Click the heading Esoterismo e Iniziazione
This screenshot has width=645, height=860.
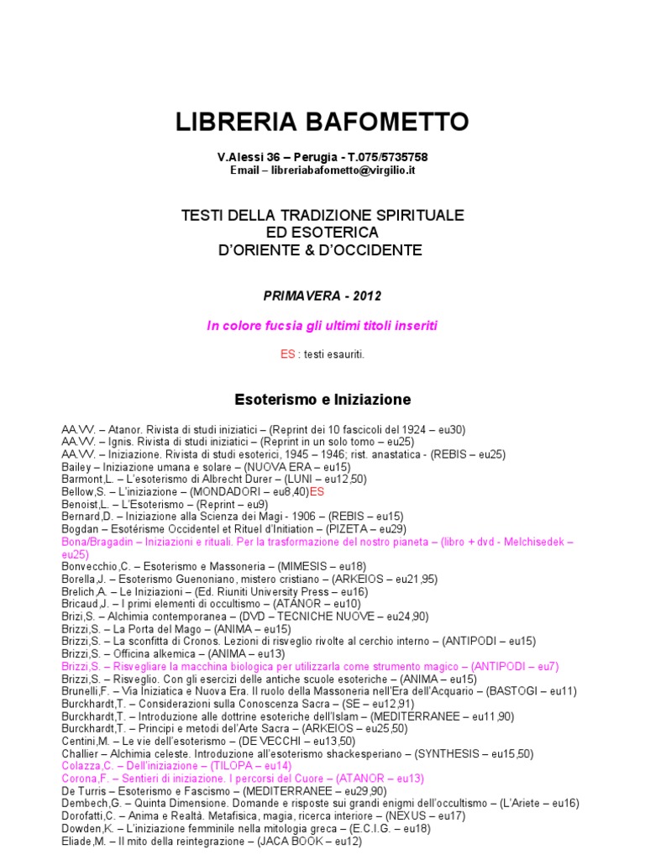[x=322, y=399]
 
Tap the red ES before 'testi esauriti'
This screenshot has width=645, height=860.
[x=288, y=354]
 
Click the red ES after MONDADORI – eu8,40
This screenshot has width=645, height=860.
[x=317, y=491]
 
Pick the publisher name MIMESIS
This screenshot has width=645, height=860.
[x=320, y=567]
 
